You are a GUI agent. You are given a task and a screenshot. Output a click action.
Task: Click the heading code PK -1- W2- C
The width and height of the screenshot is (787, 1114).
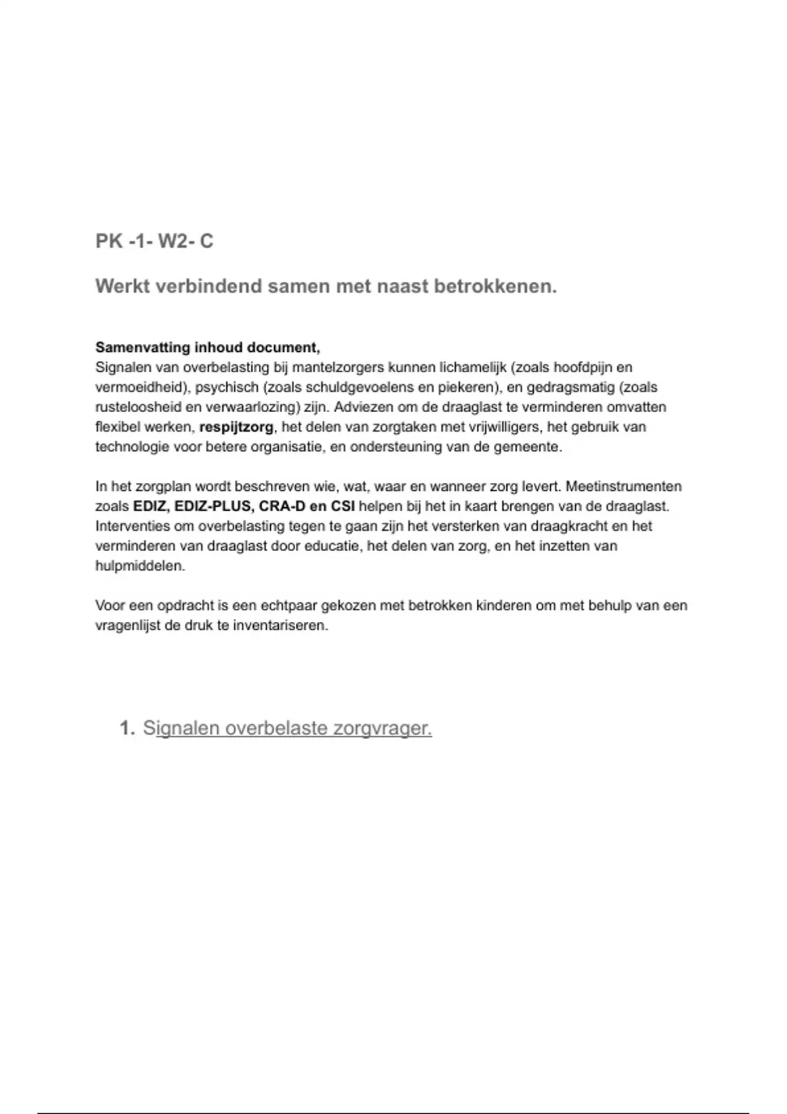[x=154, y=241]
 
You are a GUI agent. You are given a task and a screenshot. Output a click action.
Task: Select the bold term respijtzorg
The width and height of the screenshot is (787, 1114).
[x=236, y=427]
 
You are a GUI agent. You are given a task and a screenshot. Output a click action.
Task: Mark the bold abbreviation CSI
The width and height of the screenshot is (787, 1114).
[x=343, y=507]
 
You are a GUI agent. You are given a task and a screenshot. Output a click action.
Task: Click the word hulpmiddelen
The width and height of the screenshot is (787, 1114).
[x=140, y=566]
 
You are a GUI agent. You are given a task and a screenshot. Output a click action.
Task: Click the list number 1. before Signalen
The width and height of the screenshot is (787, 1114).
[x=127, y=728]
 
